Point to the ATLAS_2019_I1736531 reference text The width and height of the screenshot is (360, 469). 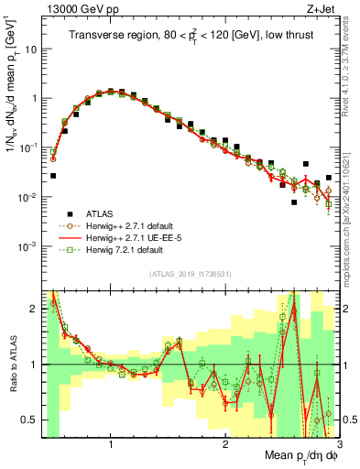click(190, 273)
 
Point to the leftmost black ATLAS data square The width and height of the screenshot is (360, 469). click(53, 175)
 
